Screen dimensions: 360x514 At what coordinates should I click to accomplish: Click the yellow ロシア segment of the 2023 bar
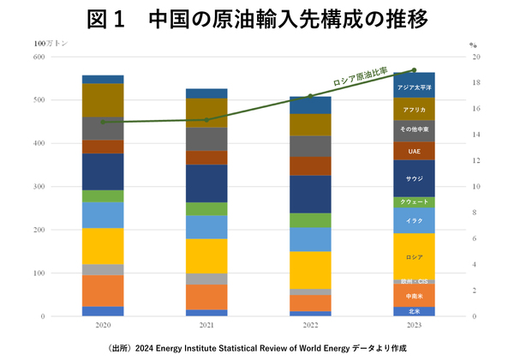click(x=415, y=256)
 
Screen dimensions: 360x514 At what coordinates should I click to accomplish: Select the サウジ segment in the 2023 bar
click(x=415, y=177)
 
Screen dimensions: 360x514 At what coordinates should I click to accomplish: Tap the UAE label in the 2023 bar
click(x=415, y=151)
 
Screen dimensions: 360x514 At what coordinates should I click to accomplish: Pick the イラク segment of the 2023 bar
click(x=415, y=220)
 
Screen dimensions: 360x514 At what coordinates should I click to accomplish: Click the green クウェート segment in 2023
click(x=415, y=202)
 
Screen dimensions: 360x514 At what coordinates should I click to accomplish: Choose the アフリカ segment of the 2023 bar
click(x=415, y=110)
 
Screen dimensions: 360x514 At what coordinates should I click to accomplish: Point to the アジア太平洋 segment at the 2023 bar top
click(x=415, y=86)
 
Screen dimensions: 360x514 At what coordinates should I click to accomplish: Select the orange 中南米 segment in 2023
click(x=415, y=296)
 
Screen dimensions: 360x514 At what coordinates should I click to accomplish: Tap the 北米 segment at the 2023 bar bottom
click(x=415, y=311)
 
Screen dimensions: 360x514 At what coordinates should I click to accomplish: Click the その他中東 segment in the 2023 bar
click(x=415, y=131)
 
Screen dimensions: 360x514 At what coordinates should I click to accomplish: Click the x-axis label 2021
click(x=206, y=327)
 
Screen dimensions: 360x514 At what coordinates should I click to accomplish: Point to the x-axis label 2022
click(x=310, y=327)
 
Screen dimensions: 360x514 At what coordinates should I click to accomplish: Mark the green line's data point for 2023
click(x=415, y=70)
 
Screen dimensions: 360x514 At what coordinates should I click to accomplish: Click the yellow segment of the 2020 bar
click(x=103, y=246)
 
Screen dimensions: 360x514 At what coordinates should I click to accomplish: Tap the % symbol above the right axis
click(x=472, y=43)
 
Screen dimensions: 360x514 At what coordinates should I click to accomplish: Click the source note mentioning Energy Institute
click(x=257, y=348)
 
